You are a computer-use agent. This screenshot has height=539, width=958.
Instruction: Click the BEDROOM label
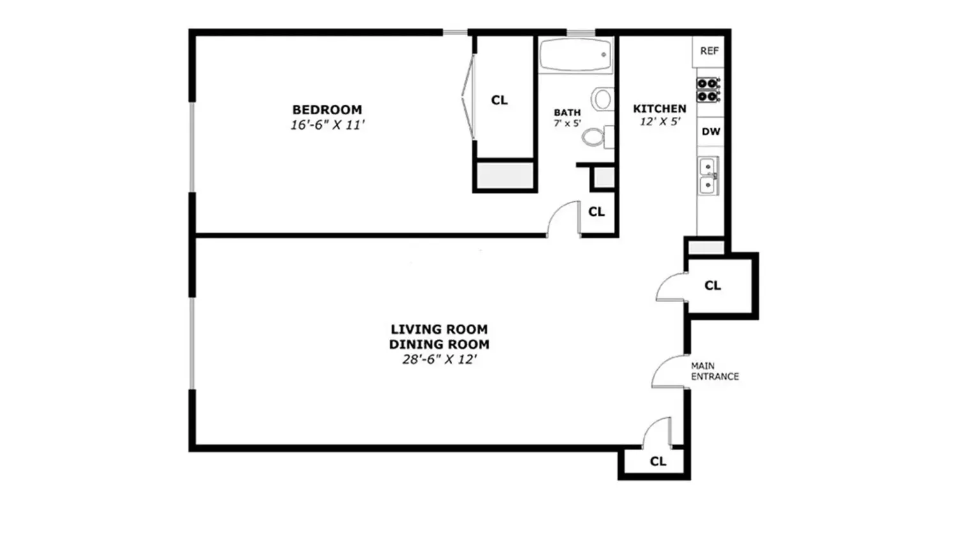click(327, 109)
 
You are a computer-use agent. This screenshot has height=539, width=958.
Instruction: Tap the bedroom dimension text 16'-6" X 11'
click(328, 125)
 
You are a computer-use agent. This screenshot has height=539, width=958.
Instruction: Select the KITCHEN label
click(660, 109)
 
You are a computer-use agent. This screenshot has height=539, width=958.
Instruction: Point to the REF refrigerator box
click(709, 51)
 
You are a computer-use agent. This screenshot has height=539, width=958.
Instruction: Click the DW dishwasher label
click(711, 132)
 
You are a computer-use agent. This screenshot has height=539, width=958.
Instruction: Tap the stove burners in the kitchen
click(708, 90)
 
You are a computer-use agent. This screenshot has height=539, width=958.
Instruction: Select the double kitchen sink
click(708, 176)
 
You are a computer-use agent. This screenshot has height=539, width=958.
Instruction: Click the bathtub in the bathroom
click(575, 55)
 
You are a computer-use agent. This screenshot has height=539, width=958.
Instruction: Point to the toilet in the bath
click(597, 137)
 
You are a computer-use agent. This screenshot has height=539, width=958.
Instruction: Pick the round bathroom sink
click(603, 99)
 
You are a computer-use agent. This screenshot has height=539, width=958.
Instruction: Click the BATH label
click(567, 112)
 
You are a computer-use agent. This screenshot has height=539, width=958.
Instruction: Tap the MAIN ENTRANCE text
click(715, 371)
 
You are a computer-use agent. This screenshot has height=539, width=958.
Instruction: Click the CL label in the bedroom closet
click(499, 100)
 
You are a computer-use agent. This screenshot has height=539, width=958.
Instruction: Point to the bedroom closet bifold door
click(468, 96)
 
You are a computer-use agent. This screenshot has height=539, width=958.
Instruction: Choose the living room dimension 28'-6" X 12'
click(439, 360)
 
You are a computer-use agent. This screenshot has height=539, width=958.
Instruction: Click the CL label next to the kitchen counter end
click(713, 285)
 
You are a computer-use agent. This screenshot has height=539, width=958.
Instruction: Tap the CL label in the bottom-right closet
click(658, 461)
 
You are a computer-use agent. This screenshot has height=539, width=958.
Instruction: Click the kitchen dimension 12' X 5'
click(660, 121)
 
